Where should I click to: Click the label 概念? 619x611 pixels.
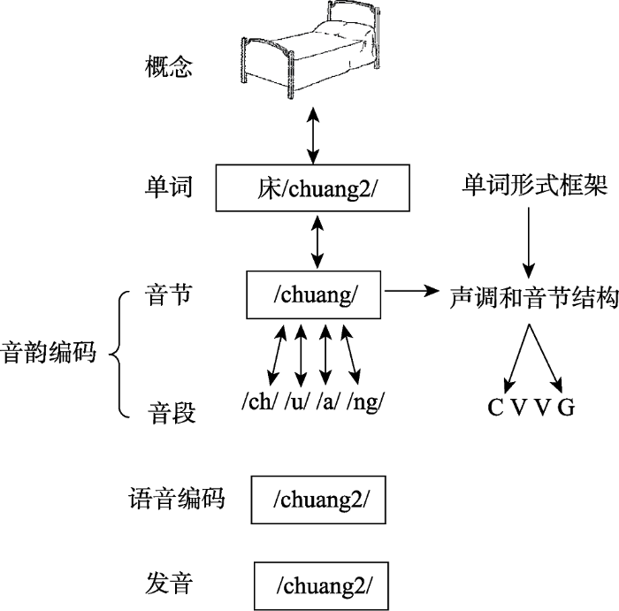tap(167, 68)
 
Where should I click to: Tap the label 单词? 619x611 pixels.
tap(168, 187)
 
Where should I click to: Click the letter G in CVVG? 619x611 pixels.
tap(567, 408)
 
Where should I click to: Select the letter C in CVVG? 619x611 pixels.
tap(496, 408)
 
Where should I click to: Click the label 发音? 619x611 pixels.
tap(168, 584)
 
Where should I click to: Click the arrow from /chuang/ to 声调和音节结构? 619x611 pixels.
tap(413, 290)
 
